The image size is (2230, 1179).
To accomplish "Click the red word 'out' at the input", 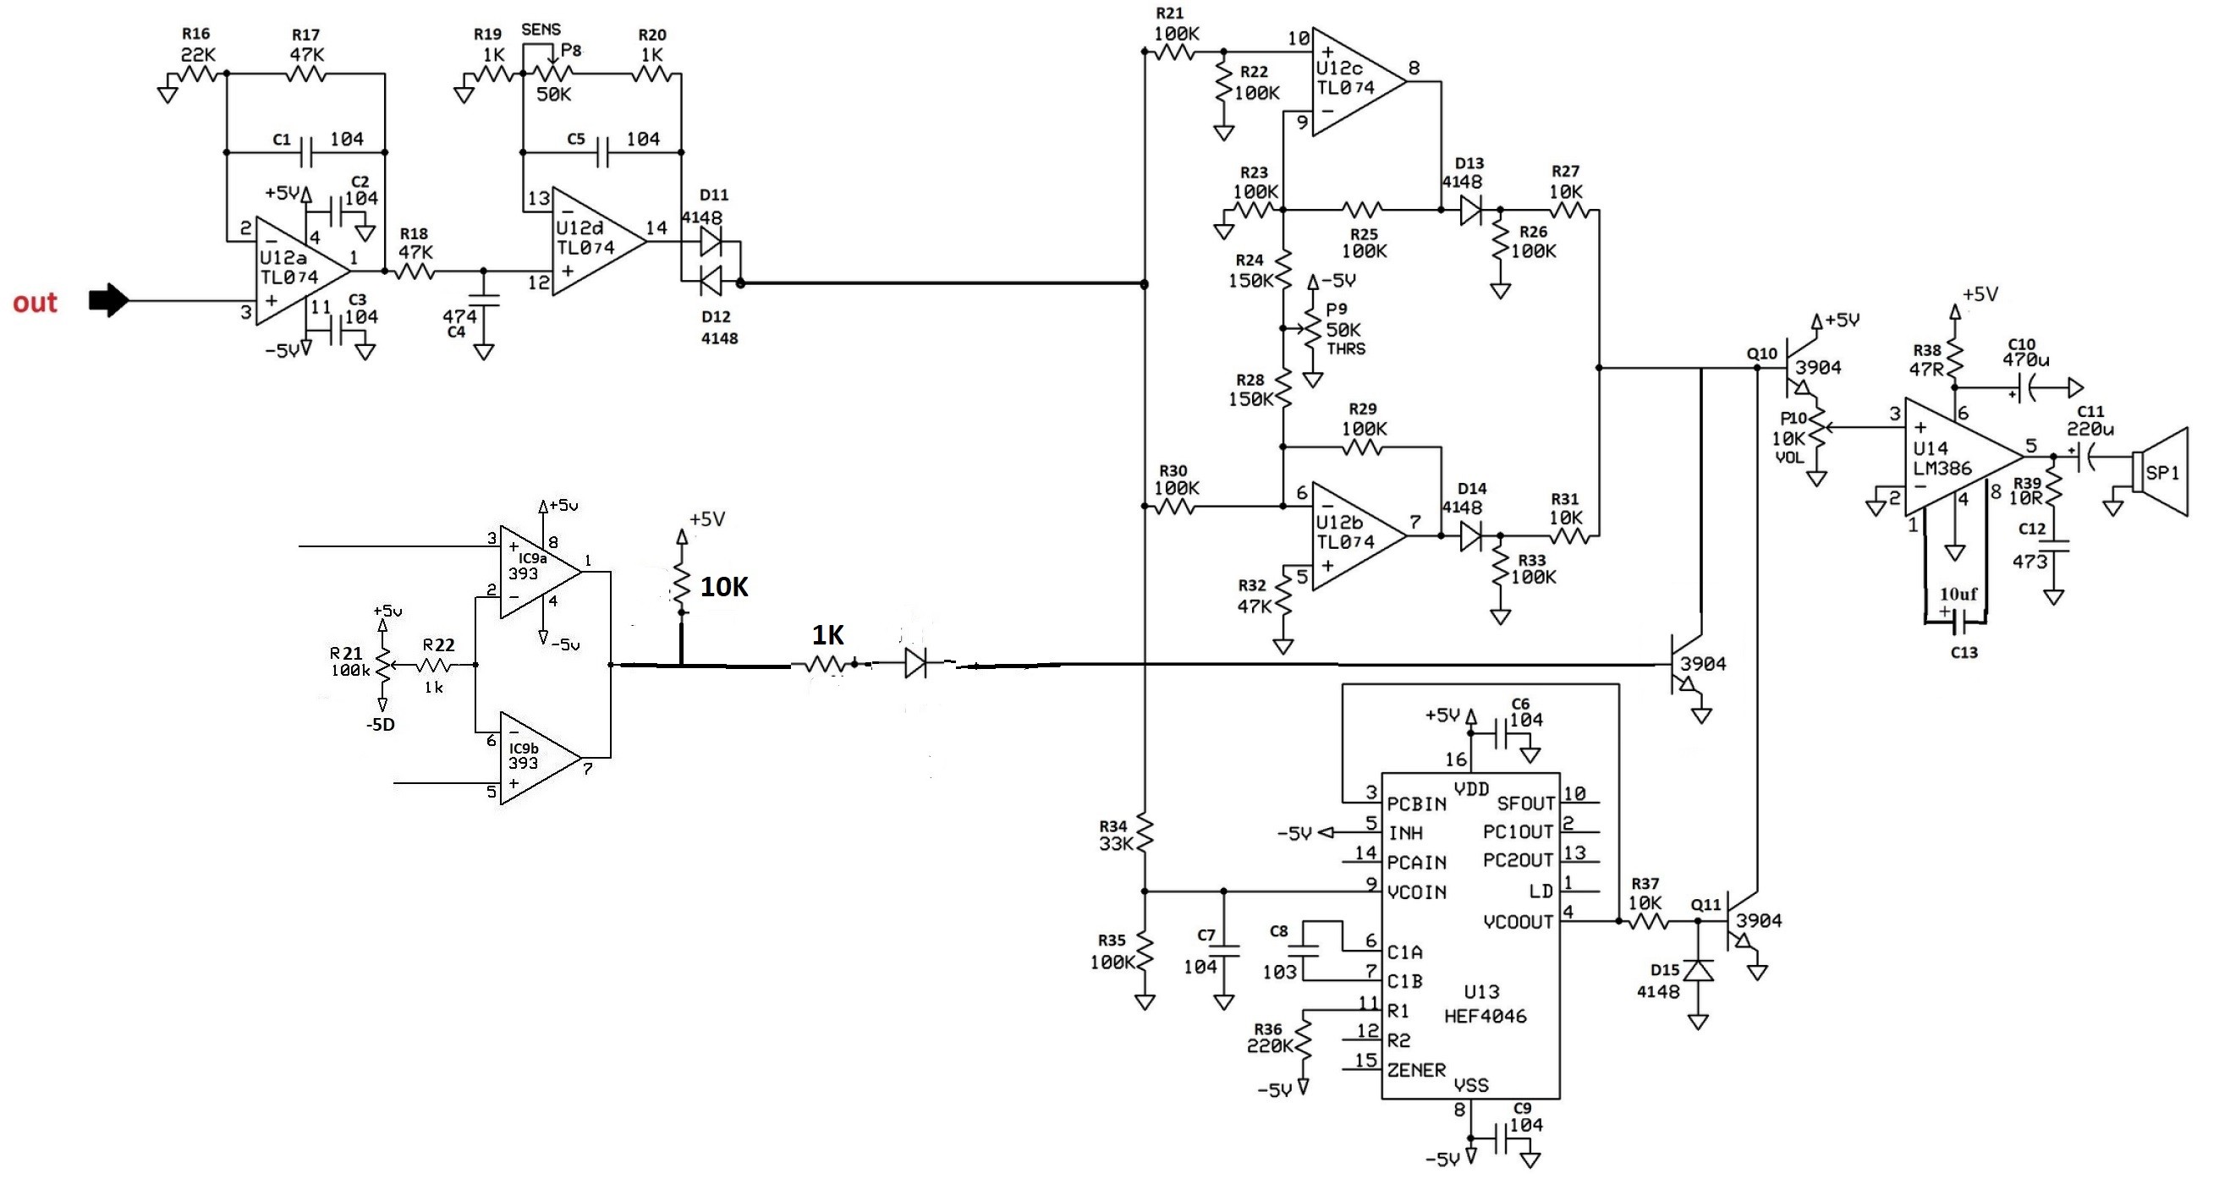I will [35, 302].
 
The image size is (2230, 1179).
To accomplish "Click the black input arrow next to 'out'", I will [109, 300].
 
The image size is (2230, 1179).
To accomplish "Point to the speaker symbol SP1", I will [2161, 473].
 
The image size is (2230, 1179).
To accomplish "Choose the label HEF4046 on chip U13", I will [1485, 1017].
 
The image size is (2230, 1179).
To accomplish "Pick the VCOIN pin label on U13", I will [1417, 891].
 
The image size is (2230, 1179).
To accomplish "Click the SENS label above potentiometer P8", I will [541, 30].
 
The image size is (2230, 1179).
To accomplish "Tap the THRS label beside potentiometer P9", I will [1346, 348].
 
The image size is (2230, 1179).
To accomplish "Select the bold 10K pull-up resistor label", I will [723, 587].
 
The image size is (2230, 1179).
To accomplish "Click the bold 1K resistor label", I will [827, 635].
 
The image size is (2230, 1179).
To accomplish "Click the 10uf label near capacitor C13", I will [1958, 595].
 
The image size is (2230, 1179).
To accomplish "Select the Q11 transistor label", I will [1706, 905].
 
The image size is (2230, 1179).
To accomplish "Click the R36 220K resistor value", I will [1269, 1045].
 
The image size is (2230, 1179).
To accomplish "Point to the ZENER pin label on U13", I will [1416, 1070].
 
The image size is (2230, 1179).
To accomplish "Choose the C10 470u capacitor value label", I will [2026, 359].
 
